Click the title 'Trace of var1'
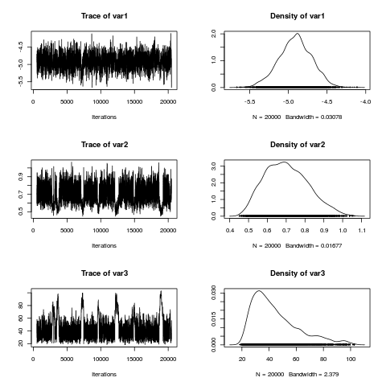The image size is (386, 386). tap(104, 16)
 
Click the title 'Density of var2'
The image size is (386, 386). tap(297, 145)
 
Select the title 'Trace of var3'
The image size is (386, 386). tap(104, 273)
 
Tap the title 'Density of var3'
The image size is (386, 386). tap(297, 273)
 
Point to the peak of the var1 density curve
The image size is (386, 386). tap(298, 34)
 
